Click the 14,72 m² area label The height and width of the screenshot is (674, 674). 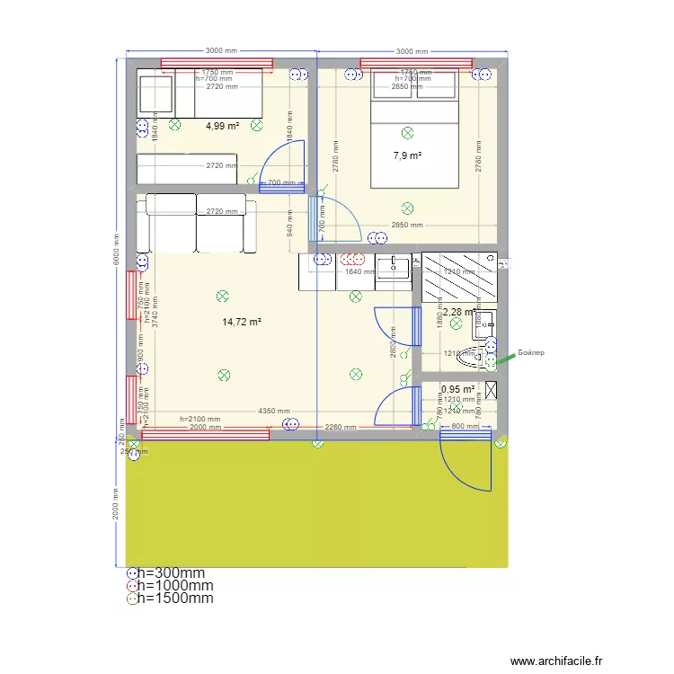tap(242, 322)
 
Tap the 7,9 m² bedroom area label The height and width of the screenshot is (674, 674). tap(407, 155)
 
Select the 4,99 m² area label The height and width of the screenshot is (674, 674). tap(222, 127)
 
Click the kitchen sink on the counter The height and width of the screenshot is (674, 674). tap(392, 266)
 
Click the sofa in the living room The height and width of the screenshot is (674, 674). tap(196, 223)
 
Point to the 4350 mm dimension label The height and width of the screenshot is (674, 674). tap(274, 411)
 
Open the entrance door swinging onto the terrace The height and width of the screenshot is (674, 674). tap(466, 463)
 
